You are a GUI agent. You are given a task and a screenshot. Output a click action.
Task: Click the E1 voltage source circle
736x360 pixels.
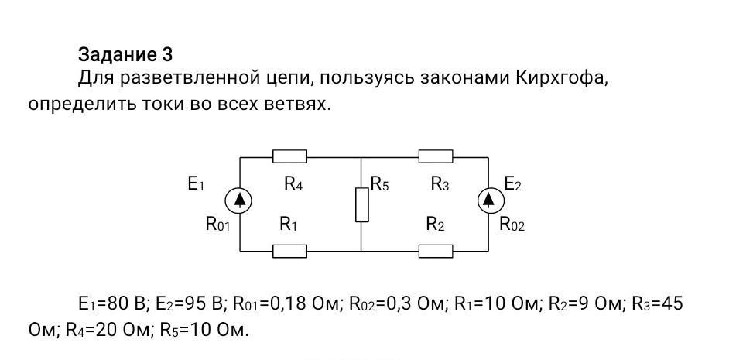click(239, 201)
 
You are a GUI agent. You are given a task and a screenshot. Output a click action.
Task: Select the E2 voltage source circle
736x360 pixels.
click(489, 201)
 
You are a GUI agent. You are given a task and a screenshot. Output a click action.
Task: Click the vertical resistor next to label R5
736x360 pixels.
click(362, 204)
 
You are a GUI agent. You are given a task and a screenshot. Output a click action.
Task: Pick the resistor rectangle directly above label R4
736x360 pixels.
click(289, 156)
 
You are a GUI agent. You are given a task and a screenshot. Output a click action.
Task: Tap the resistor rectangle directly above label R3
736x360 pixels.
click(436, 156)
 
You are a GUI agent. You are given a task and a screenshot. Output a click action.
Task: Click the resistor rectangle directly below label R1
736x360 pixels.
click(289, 251)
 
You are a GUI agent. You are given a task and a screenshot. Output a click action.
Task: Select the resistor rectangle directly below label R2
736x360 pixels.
click(436, 251)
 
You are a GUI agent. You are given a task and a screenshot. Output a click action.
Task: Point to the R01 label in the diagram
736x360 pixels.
click(217, 225)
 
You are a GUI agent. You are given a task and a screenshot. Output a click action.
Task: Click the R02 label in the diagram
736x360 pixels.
click(512, 225)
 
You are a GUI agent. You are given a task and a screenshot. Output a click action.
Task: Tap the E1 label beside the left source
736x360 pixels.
click(196, 184)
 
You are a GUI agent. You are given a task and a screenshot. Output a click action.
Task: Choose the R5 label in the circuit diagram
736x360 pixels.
click(379, 184)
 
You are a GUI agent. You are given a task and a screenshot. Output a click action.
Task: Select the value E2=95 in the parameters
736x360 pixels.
click(182, 304)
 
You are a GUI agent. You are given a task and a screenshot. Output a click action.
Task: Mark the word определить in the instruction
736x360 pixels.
click(79, 105)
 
